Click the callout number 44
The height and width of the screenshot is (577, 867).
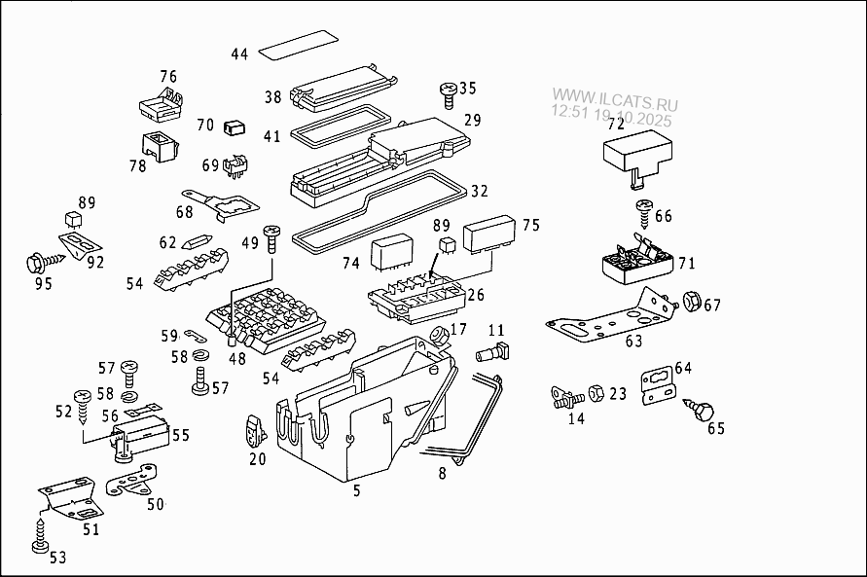click(x=239, y=54)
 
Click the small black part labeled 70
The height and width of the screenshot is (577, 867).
click(x=234, y=126)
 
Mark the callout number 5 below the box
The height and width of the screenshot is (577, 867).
click(x=356, y=491)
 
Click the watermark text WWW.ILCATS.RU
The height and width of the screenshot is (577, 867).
click(x=615, y=98)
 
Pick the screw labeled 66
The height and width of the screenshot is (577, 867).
click(x=643, y=209)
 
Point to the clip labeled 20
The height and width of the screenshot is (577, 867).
click(x=255, y=428)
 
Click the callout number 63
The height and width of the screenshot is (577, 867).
click(x=633, y=342)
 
